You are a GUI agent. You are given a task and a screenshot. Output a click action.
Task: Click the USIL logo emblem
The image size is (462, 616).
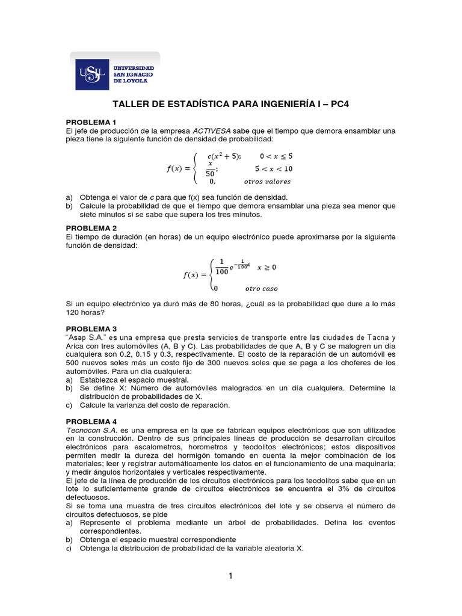coord(92,75)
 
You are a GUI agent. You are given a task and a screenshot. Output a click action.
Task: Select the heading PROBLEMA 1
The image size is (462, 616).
coord(91,122)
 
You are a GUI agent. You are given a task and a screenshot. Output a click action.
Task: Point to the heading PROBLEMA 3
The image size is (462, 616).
coord(91,328)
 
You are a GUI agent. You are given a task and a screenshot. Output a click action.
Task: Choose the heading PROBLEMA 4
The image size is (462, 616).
coord(91,422)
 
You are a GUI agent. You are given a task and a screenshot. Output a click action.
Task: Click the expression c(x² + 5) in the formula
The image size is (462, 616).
coord(224,156)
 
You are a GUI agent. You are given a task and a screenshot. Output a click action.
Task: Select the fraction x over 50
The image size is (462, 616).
coord(211,168)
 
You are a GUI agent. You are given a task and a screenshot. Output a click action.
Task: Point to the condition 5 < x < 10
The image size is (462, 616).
coord(274,169)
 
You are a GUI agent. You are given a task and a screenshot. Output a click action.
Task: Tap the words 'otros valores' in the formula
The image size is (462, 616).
coord(267,181)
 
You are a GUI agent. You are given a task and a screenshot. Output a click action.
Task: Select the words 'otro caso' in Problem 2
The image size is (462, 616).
coord(262,289)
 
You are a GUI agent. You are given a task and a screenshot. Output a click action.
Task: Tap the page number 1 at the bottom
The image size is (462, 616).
coord(230,576)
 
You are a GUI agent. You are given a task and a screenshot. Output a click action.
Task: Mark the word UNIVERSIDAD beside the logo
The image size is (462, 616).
coord(134,68)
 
